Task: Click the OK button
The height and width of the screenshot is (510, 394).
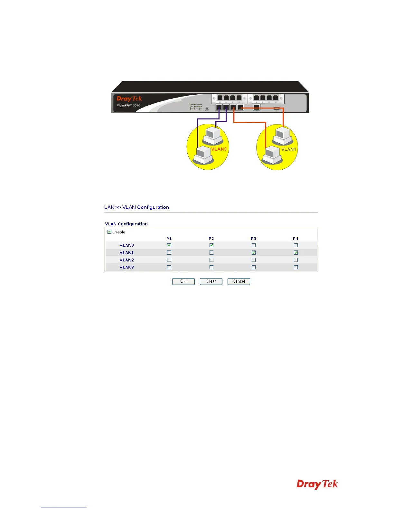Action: tap(183, 281)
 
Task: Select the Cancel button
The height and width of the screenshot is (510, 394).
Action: tap(239, 281)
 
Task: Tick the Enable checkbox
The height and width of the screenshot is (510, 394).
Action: tap(109, 232)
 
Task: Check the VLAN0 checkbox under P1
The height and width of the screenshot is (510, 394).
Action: tap(169, 245)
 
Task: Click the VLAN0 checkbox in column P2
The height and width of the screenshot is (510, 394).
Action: tap(211, 245)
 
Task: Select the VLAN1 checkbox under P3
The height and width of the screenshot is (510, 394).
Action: tap(254, 253)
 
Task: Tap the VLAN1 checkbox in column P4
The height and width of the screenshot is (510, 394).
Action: tap(296, 253)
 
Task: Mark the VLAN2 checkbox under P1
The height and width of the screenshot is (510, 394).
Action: tap(169, 260)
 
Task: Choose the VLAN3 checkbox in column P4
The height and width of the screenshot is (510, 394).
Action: tap(296, 267)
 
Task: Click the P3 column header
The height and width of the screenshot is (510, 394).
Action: tap(254, 239)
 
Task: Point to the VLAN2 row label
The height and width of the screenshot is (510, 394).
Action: tap(127, 260)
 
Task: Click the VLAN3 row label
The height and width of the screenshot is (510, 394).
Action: tap(127, 267)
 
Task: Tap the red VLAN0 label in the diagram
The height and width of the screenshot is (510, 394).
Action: tap(219, 149)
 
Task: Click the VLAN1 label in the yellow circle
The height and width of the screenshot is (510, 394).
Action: tap(288, 149)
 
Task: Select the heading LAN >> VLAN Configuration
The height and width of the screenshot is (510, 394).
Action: tap(136, 207)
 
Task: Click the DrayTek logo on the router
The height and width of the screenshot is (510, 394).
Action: tap(129, 99)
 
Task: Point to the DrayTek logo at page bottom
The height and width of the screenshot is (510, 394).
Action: tap(317, 484)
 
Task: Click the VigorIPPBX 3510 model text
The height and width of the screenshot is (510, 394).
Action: tap(128, 106)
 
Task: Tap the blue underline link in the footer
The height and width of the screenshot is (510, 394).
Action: tap(64, 507)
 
